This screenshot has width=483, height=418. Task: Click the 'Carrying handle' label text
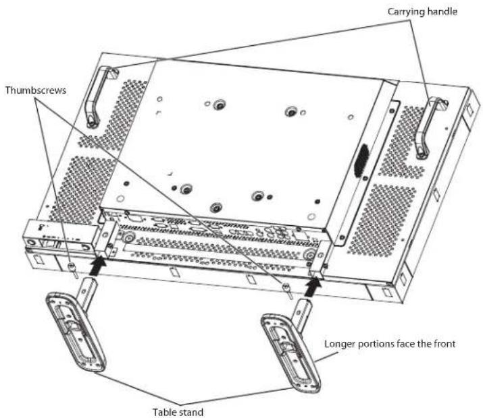422,12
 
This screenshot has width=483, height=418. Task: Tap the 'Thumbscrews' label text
35,90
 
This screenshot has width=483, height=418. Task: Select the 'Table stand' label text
178,412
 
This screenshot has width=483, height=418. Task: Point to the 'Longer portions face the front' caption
390,344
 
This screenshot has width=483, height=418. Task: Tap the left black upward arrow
99,266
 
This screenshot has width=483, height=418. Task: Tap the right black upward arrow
312,286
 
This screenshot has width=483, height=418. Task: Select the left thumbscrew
72,269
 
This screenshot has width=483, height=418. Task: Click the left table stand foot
75,332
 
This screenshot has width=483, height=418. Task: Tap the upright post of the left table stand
88,292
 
